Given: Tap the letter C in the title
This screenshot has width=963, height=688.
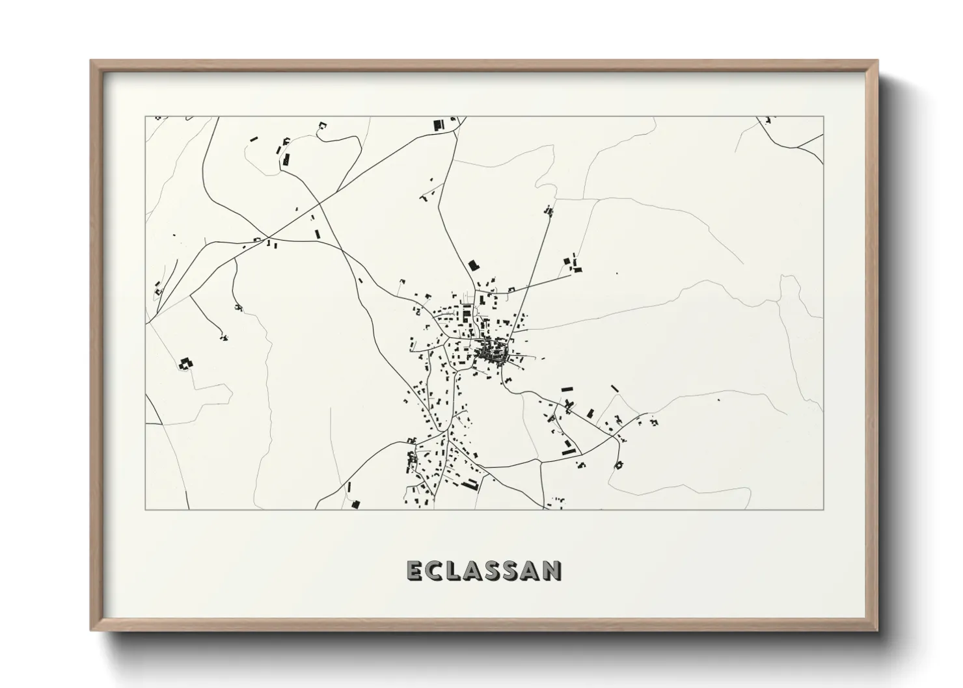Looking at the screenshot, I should pos(435,570).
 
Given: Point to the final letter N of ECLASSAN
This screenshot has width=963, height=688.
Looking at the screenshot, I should pos(552,570).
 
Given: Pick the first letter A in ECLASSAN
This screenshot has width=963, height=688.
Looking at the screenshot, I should pos(474,570).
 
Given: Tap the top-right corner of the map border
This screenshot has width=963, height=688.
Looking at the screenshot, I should pos(824,116).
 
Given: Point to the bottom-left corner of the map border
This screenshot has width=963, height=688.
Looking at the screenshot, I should pos(145,509).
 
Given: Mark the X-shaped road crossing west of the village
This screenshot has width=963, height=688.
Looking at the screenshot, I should pos(268,237).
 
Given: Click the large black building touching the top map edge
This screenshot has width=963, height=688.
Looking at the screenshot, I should pos(438,124).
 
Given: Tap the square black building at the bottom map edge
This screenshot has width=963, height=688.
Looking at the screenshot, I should pos(355,503).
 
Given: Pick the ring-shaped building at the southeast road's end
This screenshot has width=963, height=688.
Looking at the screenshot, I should pos(619,464).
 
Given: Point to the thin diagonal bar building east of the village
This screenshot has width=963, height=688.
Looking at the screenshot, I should pos(614,388).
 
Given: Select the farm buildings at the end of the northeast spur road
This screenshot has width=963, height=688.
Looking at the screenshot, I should pos(573,264).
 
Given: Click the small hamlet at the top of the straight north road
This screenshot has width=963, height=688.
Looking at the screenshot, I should pos(549,210).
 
